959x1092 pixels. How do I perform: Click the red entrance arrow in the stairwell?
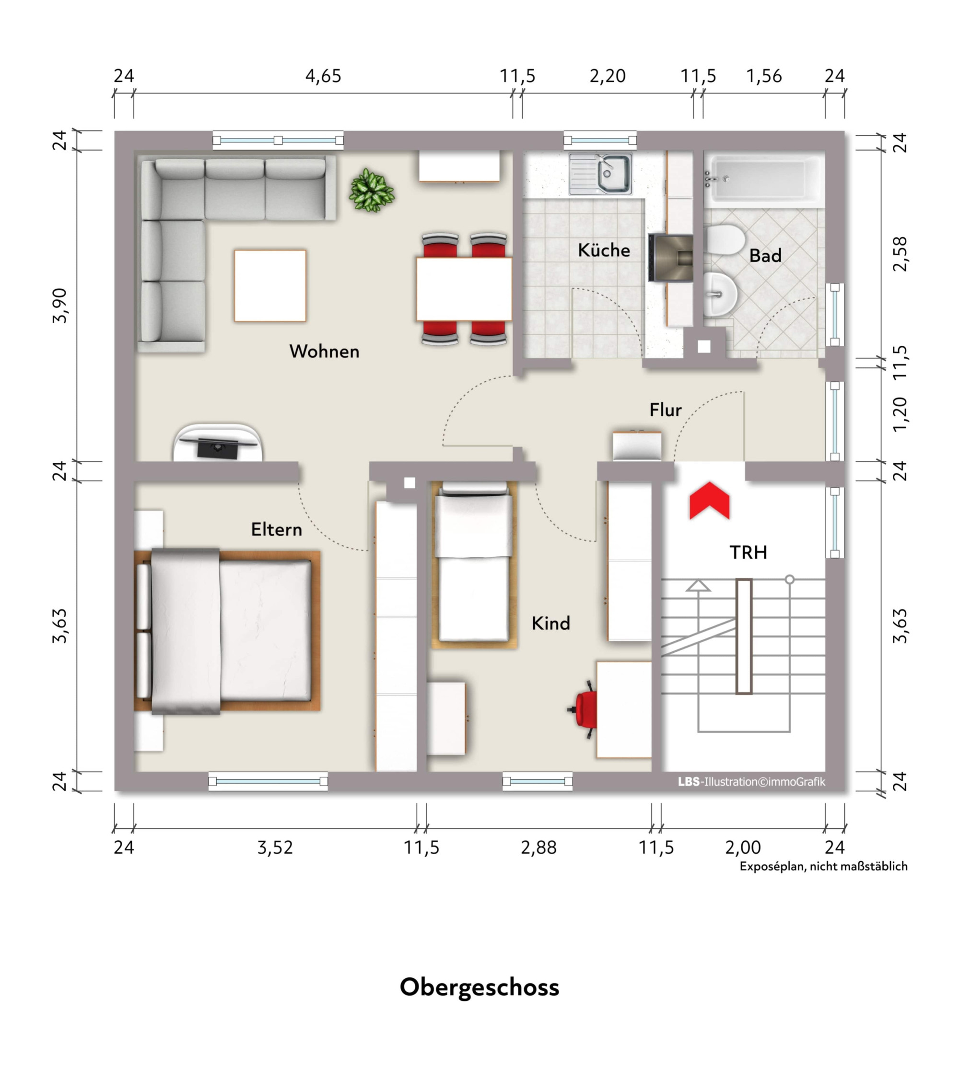709,501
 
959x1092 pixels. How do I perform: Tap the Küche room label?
604,250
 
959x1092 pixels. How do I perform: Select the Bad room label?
765,255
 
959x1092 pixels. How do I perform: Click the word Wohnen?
324,351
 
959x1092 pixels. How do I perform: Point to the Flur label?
665,410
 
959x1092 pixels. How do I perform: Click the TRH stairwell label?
748,552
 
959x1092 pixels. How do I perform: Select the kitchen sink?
600,174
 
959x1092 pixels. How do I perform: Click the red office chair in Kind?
584,709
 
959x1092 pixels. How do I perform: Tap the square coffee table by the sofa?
270,286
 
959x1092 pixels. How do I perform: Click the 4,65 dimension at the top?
323,76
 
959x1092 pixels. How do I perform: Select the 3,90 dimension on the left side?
60,305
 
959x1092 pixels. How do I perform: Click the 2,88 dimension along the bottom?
538,847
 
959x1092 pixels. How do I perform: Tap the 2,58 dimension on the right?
900,254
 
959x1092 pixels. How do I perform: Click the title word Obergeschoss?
479,987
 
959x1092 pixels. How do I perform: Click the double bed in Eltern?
227,632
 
